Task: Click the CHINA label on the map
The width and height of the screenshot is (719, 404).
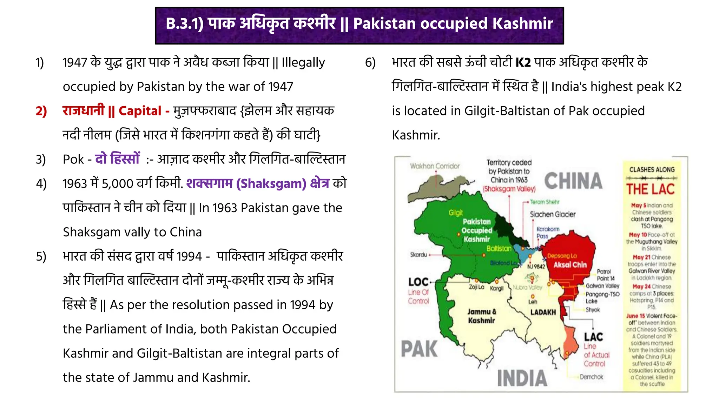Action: tap(573, 181)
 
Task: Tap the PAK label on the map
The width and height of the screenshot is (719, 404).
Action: tap(419, 349)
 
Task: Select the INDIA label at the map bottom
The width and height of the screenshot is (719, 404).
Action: tap(522, 378)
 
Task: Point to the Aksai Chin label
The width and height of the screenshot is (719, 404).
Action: tap(570, 265)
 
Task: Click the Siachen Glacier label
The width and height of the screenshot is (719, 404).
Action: tap(553, 214)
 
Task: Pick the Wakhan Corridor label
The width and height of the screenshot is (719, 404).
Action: tap(435, 166)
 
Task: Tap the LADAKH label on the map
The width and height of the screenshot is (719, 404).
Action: tap(543, 312)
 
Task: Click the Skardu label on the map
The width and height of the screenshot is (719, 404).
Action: tap(418, 255)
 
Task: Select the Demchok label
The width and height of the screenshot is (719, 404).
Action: tap(591, 377)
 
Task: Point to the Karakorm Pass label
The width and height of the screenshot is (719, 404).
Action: tap(547, 232)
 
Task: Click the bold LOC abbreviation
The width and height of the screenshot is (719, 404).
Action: tap(418, 282)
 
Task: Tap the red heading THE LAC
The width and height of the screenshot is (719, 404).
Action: tap(651, 189)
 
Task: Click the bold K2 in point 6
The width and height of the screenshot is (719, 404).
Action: tap(523, 62)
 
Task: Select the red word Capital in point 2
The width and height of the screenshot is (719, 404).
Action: tap(140, 111)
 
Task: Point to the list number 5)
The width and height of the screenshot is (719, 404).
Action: tap(41, 257)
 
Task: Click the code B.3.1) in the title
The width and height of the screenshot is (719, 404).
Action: tap(184, 24)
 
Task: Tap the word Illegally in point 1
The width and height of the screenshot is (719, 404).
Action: tap(303, 62)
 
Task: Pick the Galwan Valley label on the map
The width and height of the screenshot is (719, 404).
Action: tap(602, 286)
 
